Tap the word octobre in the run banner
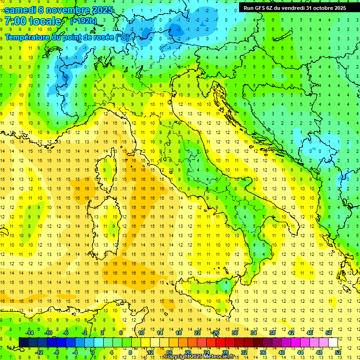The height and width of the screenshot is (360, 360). pyautogui.click(x=324, y=8)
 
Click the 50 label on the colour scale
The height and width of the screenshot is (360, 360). pyautogui.click(x=328, y=332)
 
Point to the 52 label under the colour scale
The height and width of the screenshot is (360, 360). pyautogui.click(x=338, y=352)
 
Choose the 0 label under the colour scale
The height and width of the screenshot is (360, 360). pyautogui.click(x=92, y=352)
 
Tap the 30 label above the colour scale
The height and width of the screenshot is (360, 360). pyautogui.click(x=234, y=332)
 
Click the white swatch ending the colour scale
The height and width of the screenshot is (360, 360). pyautogui.click(x=333, y=342)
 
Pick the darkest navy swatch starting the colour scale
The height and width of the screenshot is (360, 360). pyautogui.click(x=23, y=342)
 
